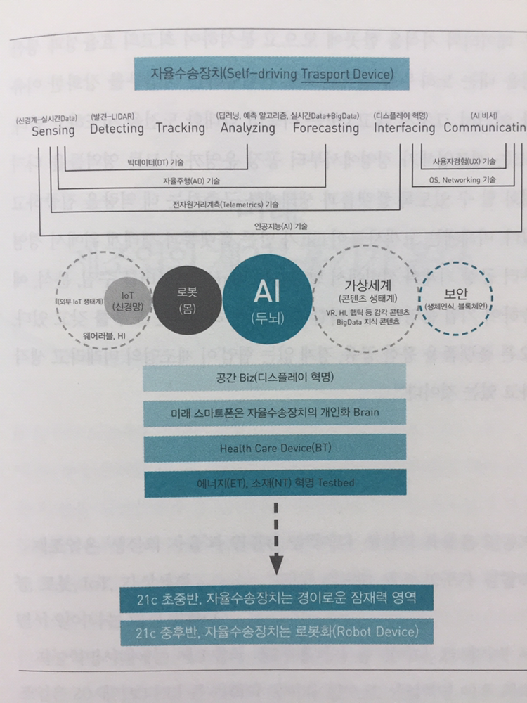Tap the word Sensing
tap(53, 130)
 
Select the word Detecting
tap(117, 129)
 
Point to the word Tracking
tap(181, 128)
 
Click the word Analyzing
tap(247, 128)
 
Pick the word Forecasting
tap(325, 129)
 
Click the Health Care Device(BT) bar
tap(275, 447)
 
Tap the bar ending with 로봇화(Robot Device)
tap(275, 632)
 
